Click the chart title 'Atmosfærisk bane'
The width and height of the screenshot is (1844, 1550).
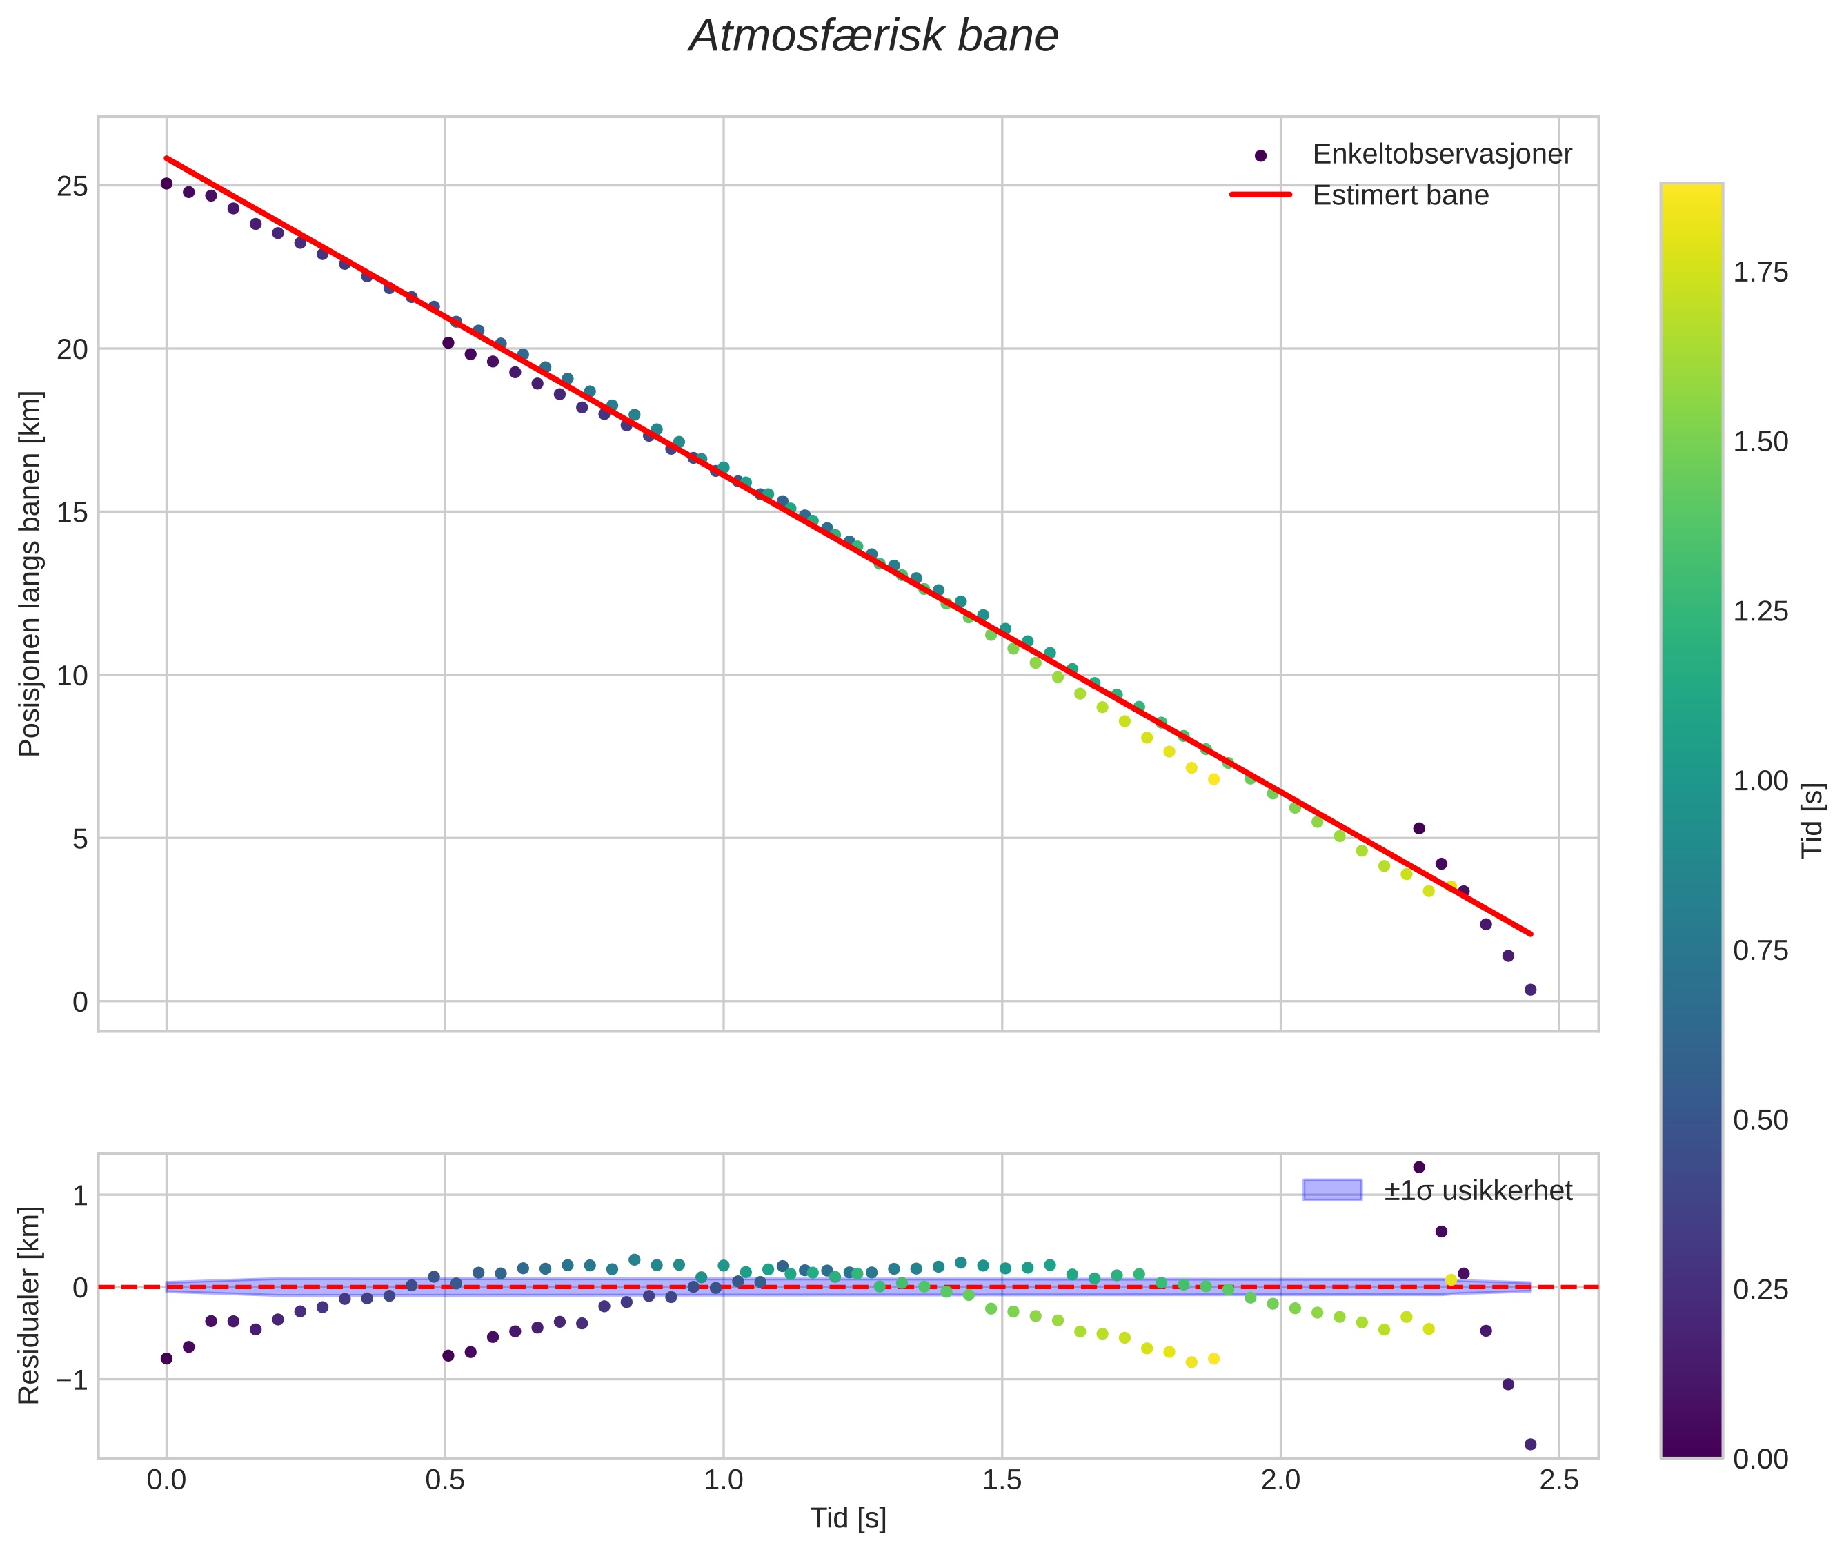(873, 37)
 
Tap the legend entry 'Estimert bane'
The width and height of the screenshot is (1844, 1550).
(1400, 195)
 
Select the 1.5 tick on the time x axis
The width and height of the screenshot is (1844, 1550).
(1002, 1480)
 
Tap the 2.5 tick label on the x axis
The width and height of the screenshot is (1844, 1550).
(1558, 1480)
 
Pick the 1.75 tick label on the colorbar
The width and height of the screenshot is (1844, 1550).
(1761, 273)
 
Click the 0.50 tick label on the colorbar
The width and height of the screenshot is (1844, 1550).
(1761, 1120)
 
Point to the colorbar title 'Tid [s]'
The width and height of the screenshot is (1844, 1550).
(1812, 820)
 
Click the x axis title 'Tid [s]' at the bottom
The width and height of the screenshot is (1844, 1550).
(848, 1518)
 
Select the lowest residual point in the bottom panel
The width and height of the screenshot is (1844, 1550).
(1530, 1444)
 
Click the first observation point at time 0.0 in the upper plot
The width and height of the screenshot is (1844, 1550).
(166, 184)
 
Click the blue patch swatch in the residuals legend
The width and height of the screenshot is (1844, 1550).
(1332, 1190)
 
